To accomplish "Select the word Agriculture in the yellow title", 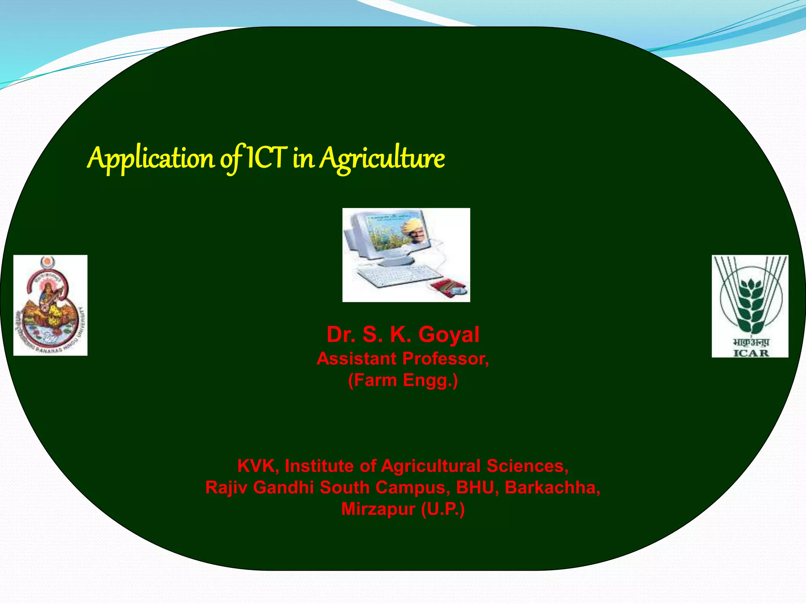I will pos(382,158).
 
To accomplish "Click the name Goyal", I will pos(449,335).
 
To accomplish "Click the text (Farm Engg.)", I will pos(403,380).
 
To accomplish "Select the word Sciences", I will pos(527,466).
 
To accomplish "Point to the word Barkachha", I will pos(552,488).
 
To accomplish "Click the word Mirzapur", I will pos(378,509).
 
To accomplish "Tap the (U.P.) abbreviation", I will pos(443,509).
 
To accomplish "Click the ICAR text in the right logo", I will pos(751,353).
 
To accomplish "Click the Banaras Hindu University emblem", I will pos(50,306).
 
